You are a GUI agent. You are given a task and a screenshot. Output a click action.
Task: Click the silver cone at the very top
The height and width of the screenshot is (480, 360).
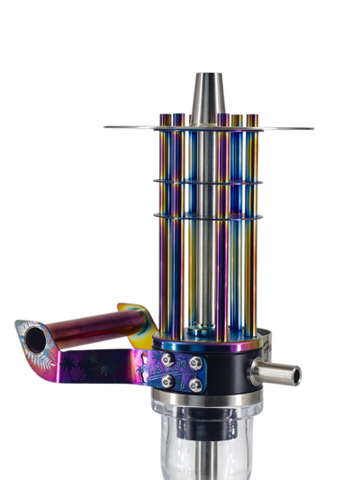coord(209,95)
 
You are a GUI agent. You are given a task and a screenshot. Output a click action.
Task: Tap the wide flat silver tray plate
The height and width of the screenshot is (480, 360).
coord(126,127)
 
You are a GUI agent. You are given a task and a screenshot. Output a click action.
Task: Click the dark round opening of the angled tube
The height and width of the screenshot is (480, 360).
coord(35,340)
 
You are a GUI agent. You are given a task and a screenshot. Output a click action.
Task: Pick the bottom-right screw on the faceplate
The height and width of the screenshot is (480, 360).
coord(194,385)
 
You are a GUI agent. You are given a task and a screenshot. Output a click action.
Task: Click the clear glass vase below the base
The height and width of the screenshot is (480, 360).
coord(180,446)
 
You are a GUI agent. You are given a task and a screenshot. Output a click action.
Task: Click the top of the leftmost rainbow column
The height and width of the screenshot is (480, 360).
coord(165,118)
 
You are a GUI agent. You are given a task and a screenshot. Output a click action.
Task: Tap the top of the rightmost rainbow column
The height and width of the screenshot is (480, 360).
coord(253,118)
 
